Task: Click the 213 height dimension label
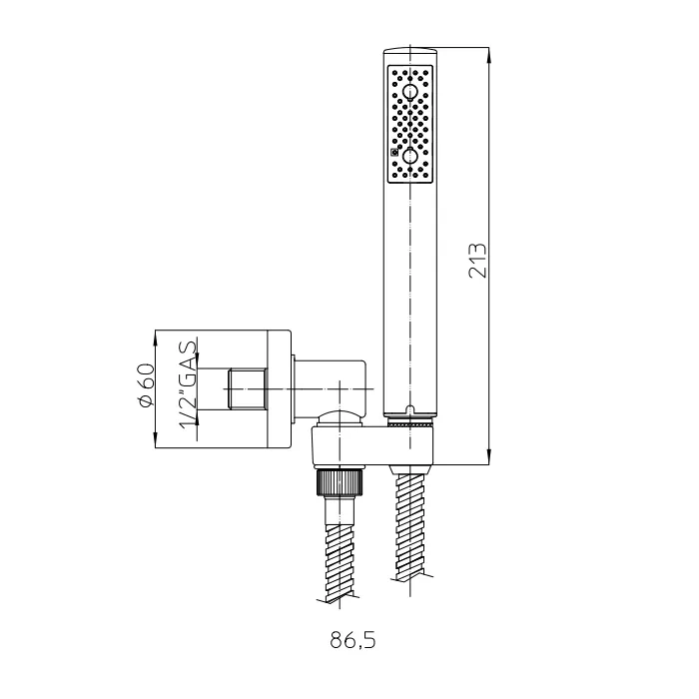coord(478,261)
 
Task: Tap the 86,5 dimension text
coord(353,641)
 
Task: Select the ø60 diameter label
coord(147,385)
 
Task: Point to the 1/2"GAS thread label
coord(188,384)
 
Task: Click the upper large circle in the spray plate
coord(408,93)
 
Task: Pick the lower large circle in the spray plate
coord(408,156)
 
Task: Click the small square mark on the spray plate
coord(394,153)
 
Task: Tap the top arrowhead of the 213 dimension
coord(489,56)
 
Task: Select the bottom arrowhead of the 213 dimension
coord(489,456)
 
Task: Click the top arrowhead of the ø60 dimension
coord(155,339)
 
